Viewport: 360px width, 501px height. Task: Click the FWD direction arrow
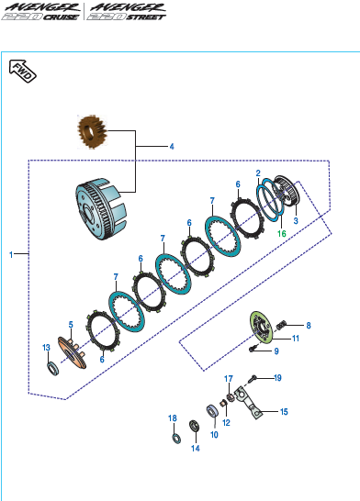22,72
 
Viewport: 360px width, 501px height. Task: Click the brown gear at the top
92,131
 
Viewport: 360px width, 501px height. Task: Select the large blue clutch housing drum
101,208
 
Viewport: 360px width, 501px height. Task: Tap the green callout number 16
282,234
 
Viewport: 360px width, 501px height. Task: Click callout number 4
172,146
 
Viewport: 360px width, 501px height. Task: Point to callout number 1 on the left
11,255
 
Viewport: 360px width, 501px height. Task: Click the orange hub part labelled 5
73,352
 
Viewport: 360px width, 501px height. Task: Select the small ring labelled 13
53,368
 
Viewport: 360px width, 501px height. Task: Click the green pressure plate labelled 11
261,328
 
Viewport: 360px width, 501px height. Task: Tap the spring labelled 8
281,326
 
